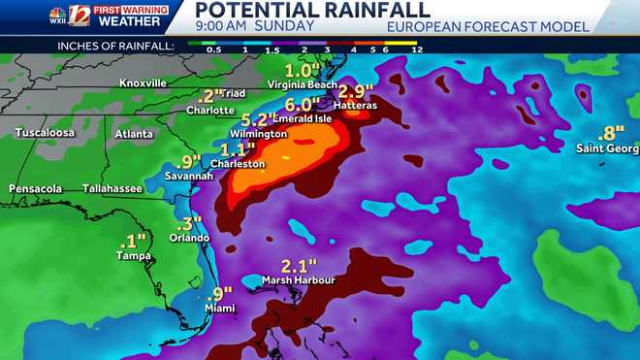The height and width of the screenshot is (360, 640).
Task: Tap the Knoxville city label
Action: click(144, 83)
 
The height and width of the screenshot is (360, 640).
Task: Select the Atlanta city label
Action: click(134, 134)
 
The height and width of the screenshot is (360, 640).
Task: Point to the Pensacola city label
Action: click(36, 188)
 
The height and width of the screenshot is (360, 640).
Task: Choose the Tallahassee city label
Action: click(112, 188)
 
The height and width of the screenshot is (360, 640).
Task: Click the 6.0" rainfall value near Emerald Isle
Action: click(303, 105)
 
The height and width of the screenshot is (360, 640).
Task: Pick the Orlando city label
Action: click(189, 238)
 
